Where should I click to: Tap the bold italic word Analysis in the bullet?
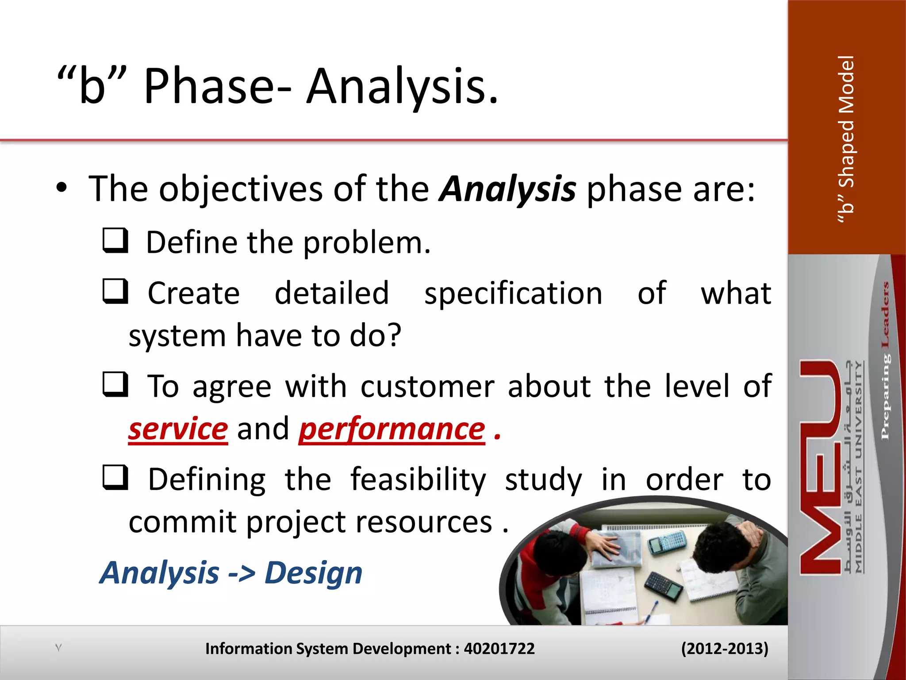point(507,189)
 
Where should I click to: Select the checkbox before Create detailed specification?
point(115,291)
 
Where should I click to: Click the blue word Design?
point(313,573)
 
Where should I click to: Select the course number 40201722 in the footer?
point(499,649)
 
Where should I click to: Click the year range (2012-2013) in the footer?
point(724,649)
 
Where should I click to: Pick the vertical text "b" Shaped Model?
point(846,139)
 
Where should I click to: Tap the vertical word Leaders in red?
point(885,314)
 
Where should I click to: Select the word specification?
point(513,294)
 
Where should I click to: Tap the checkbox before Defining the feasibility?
point(115,478)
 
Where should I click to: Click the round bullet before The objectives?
point(61,188)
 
